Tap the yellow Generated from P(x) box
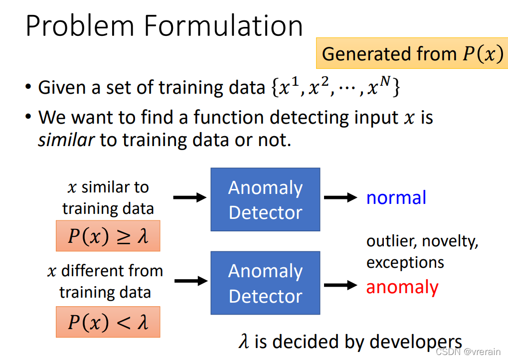click(x=412, y=54)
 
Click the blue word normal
click(x=396, y=198)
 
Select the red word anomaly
click(x=402, y=287)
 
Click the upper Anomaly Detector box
click(x=265, y=199)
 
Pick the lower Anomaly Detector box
click(x=265, y=283)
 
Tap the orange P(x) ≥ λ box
click(x=108, y=236)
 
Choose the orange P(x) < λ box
click(x=108, y=322)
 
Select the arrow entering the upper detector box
click(x=189, y=197)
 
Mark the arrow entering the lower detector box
click(x=189, y=281)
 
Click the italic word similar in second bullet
click(x=66, y=140)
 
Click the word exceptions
click(x=405, y=262)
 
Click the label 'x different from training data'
click(x=105, y=281)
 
